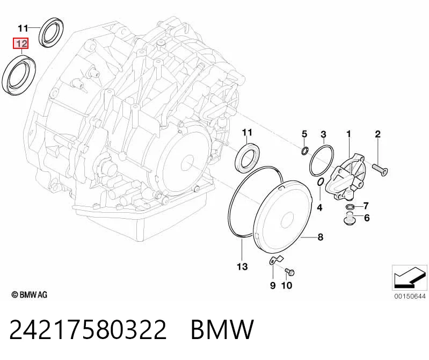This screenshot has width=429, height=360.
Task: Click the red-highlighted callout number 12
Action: click(21, 44)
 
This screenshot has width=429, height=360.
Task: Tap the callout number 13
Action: click(242, 267)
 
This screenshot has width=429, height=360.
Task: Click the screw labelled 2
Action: click(380, 169)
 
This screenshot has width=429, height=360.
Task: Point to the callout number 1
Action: click(348, 134)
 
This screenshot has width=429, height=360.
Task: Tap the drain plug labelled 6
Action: click(348, 218)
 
